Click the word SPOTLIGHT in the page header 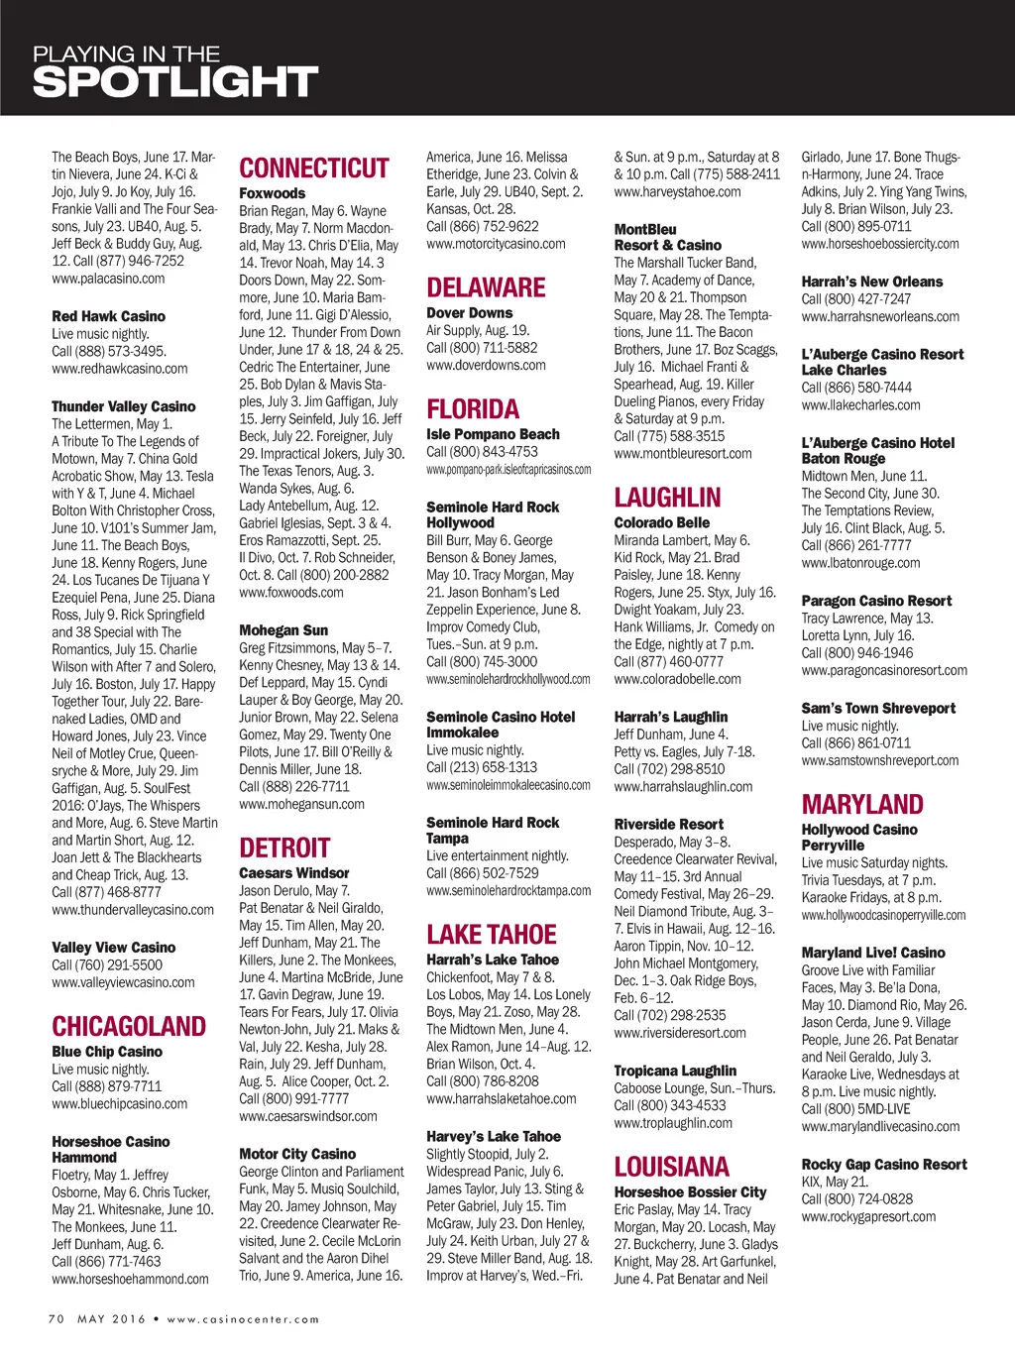pos(175,82)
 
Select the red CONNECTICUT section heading pos(314,169)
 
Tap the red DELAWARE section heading pos(486,288)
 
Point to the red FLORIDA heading pos(473,409)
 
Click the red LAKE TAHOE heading pos(492,935)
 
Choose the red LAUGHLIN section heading pos(667,498)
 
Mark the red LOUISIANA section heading pos(671,1167)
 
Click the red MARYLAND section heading pos(862,805)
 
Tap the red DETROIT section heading pos(284,849)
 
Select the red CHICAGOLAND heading pos(129,1027)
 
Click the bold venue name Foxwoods pos(272,193)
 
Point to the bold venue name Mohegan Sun pos(283,630)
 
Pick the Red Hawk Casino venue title pos(109,316)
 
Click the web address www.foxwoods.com pos(291,593)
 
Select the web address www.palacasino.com pos(108,279)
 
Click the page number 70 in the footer pos(56,1319)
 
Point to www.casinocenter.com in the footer pos(243,1319)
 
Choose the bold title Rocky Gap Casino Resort pos(884,1165)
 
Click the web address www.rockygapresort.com pos(868,1217)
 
